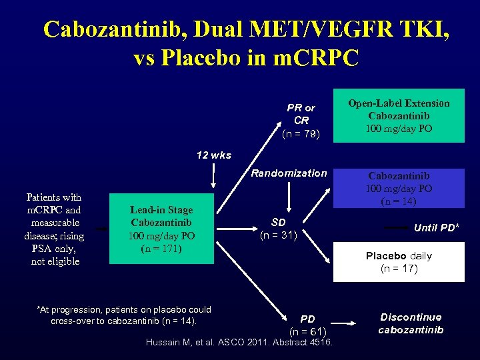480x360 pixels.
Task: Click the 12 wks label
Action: (x=214, y=155)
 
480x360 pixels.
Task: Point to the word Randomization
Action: (x=289, y=173)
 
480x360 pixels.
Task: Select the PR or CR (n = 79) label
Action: (x=301, y=121)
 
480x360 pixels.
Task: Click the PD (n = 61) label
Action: (x=307, y=325)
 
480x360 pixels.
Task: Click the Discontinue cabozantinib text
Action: (x=411, y=323)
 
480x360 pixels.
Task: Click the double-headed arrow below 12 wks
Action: (x=213, y=176)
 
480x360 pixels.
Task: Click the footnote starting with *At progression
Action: (x=124, y=315)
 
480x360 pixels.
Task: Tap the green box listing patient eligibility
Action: (x=53, y=229)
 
